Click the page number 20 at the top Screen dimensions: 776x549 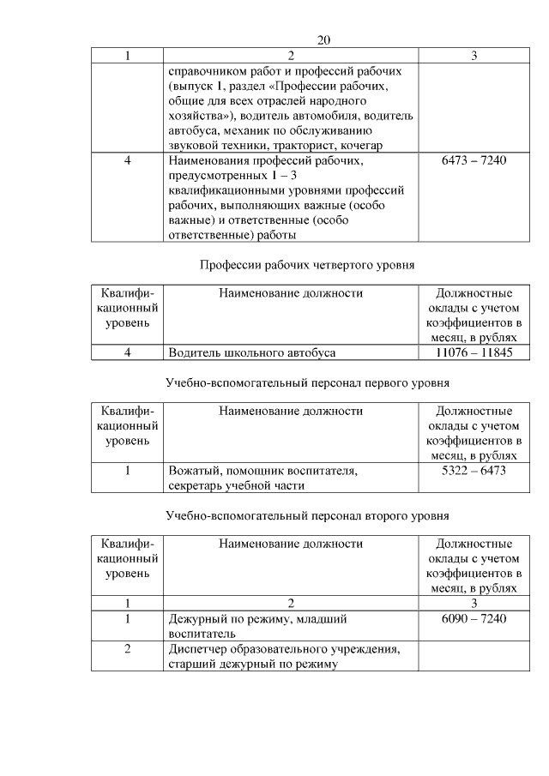click(x=323, y=40)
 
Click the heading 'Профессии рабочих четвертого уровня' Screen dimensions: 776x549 click(x=307, y=265)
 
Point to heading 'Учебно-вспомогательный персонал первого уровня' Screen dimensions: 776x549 click(x=307, y=382)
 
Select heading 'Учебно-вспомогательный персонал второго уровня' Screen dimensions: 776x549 click(x=307, y=515)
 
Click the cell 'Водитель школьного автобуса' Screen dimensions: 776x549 click(x=252, y=352)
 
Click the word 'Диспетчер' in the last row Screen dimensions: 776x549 click(x=198, y=648)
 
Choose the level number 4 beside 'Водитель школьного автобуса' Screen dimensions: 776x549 click(x=127, y=352)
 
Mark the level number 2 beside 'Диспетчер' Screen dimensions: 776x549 click(x=127, y=648)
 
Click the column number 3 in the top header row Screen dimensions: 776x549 click(x=474, y=56)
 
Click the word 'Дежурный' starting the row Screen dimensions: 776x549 click(x=196, y=618)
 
